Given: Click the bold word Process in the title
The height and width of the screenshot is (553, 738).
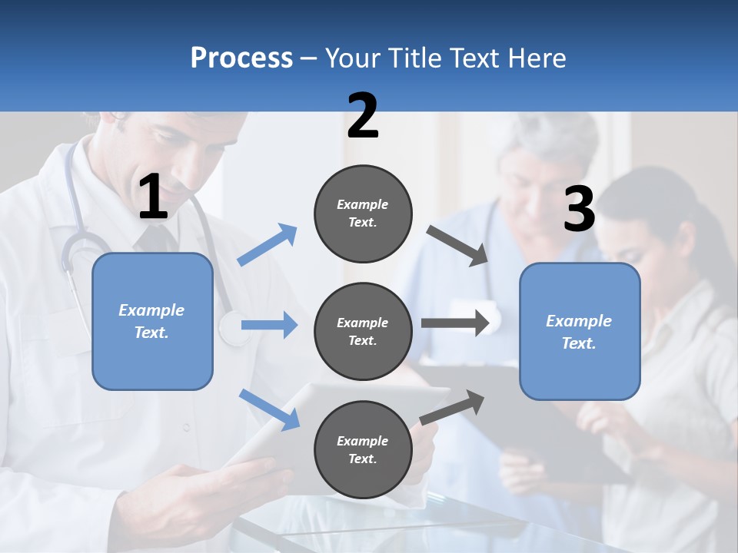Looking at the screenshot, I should [x=241, y=58].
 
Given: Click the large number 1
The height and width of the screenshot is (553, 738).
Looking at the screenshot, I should [x=153, y=197].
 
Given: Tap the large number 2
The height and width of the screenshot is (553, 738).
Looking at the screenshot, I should [x=363, y=116].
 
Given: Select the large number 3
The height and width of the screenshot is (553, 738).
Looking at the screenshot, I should [x=579, y=210].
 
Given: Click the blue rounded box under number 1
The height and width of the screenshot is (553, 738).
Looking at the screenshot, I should [x=152, y=321].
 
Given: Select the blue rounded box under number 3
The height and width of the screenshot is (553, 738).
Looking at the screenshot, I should [x=580, y=331].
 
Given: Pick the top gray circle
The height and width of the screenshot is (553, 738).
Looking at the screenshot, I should [x=363, y=214].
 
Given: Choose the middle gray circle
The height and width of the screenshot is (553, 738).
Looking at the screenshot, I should [x=363, y=331].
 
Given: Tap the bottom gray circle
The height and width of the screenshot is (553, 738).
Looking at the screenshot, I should [x=363, y=449].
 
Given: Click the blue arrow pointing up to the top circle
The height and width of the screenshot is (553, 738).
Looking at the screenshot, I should [x=268, y=245].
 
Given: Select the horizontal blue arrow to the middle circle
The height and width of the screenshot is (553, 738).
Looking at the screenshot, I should [x=269, y=325].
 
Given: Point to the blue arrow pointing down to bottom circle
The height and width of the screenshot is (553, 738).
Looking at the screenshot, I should [x=269, y=409].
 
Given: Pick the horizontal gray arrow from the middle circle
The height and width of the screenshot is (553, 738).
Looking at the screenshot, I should [x=455, y=323].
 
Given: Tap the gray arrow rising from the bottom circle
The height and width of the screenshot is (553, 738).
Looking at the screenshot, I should [x=452, y=408].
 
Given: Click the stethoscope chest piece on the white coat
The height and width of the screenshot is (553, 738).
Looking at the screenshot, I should [x=230, y=329].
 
